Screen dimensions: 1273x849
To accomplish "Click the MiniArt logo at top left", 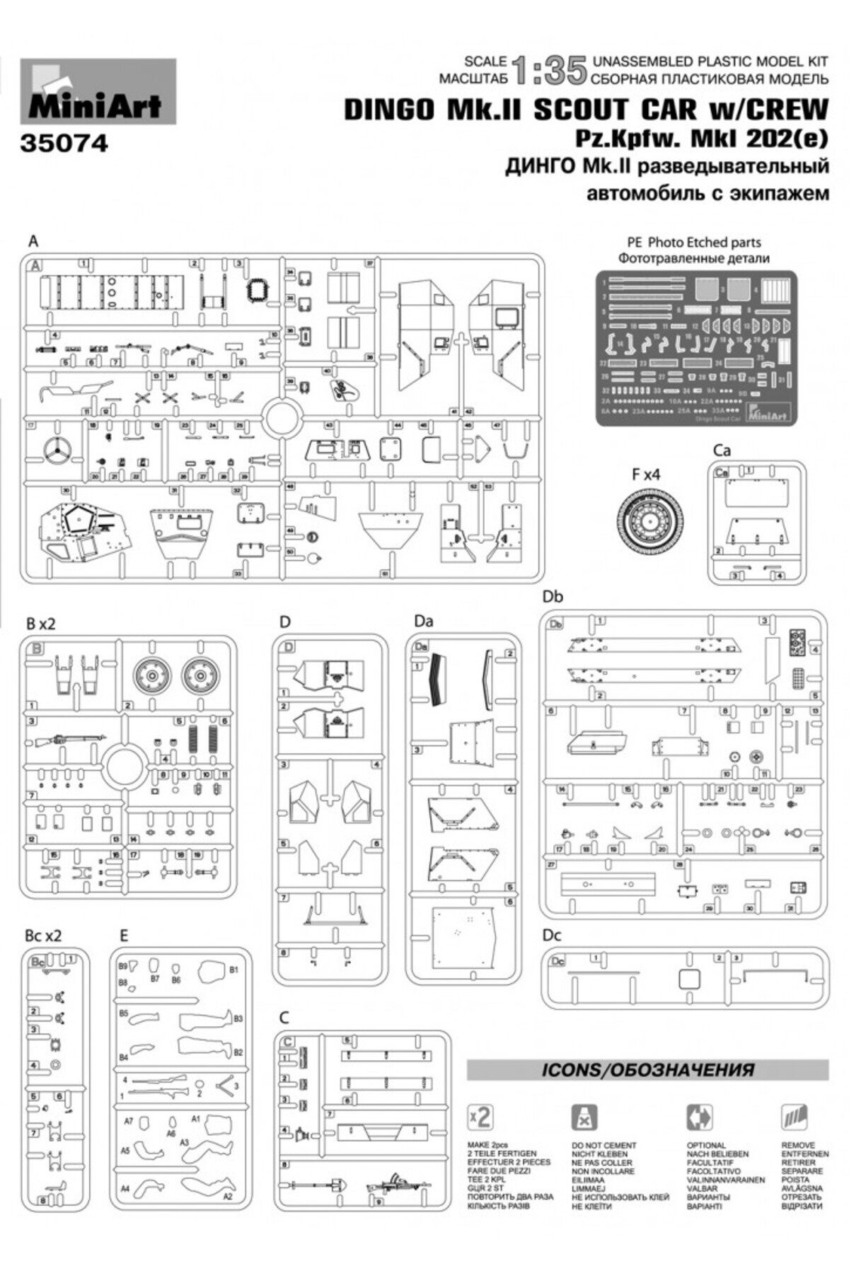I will [98, 92].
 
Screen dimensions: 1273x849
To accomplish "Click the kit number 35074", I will [64, 144].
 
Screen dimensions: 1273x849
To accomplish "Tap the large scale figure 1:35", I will [549, 71].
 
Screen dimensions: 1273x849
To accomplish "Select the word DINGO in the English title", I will [389, 110].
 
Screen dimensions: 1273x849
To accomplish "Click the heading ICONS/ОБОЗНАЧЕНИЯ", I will [647, 1069].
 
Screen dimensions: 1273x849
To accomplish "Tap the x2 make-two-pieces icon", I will [480, 1117].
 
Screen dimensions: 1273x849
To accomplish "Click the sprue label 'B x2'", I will [40, 624].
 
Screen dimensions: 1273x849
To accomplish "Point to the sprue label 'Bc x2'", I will [43, 935].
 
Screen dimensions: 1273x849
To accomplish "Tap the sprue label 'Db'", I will [553, 597].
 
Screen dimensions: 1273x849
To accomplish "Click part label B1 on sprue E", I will [234, 970].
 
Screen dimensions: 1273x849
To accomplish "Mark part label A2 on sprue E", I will [228, 1197].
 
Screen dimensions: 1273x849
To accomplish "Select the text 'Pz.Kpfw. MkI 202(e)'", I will [700, 139].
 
